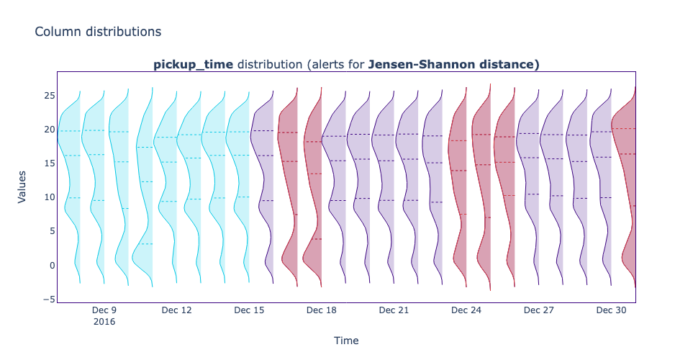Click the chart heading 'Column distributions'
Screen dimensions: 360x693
tap(98, 32)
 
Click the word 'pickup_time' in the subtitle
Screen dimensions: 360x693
tap(193, 64)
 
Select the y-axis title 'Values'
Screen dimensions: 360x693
tap(22, 186)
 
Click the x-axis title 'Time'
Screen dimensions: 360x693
tap(345, 341)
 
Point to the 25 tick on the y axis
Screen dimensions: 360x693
tap(47, 96)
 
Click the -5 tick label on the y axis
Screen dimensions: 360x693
tap(47, 299)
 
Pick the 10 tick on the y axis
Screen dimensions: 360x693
tap(47, 197)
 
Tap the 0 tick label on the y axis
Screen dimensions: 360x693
tap(50, 265)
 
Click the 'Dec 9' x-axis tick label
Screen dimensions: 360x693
tap(104, 310)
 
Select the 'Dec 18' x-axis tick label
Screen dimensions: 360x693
tap(321, 310)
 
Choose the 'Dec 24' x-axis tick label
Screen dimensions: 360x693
tap(466, 310)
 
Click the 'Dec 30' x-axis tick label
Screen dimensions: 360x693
tap(610, 310)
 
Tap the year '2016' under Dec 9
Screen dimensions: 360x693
tap(104, 322)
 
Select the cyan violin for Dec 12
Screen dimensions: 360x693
tap(170, 180)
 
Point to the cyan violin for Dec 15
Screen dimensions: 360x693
tap(242, 180)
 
